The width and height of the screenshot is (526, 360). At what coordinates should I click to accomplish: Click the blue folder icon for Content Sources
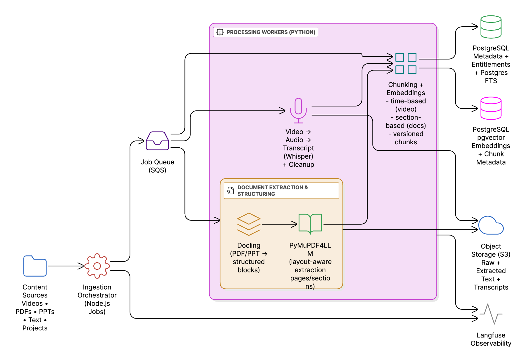35,266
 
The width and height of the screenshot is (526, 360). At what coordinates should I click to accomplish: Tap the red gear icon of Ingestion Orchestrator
97,266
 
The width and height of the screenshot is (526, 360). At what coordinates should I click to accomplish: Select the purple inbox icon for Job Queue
157,141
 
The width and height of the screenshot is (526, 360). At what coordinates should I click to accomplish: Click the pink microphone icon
298,110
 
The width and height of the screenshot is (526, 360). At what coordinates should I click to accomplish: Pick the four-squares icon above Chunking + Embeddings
406,63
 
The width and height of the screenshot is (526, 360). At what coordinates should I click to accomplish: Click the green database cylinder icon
491,27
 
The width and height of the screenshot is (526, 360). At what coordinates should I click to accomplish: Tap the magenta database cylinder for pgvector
491,108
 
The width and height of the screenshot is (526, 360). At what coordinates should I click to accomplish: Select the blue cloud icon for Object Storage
491,226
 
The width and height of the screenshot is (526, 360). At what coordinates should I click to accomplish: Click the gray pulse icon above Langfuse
491,314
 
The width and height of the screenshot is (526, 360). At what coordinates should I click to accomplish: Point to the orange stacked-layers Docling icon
248,224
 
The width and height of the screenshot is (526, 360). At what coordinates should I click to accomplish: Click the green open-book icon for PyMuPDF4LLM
310,224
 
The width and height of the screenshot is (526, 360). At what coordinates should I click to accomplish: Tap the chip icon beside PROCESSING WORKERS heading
220,32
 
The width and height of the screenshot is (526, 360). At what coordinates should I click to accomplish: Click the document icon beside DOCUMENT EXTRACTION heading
231,190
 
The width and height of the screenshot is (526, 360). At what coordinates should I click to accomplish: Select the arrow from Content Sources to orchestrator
66,266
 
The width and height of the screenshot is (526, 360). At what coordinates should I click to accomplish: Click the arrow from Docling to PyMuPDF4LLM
279,224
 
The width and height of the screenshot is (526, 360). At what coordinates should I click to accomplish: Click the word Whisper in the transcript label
298,156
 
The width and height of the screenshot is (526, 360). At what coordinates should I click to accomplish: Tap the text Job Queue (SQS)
157,166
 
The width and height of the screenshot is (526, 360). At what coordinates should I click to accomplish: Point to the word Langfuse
491,335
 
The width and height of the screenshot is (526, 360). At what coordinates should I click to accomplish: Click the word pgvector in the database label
491,137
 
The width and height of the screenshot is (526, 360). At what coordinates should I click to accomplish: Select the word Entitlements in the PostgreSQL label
491,64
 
